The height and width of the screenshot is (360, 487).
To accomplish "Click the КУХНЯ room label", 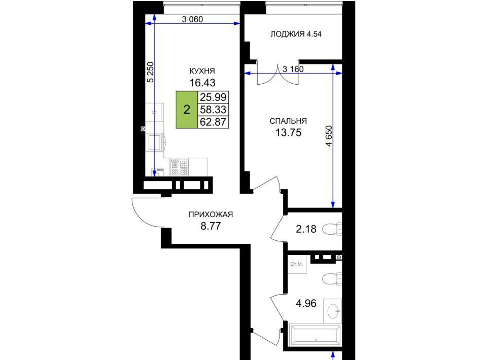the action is point(202,71).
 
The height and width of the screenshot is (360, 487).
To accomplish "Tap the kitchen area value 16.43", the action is point(202,83).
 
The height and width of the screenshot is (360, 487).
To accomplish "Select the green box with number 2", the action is point(187,110).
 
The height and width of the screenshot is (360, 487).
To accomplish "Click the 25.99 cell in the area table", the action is point(213,97).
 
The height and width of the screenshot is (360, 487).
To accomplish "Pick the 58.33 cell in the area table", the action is point(213,110).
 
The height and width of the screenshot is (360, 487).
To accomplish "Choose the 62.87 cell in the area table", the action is point(213,122).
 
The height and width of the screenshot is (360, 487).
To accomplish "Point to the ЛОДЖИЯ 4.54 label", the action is point(296,34).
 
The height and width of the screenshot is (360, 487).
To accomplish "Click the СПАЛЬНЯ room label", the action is point(288,121).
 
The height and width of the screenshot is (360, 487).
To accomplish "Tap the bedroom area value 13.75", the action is point(288,132).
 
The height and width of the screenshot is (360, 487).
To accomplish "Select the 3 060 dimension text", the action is point(192,20).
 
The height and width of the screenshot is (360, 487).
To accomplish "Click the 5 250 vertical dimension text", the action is point(150,73).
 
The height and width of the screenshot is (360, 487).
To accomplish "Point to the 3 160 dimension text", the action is point(293,69).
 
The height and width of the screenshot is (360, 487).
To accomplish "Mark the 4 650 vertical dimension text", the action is point(329,135).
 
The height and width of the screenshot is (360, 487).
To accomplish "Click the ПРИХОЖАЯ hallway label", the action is point(211,214).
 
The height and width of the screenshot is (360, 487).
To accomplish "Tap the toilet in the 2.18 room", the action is point(332,229).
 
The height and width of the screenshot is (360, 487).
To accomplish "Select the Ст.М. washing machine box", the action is point(297,264).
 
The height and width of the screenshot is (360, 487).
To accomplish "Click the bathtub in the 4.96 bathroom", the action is point(315,335).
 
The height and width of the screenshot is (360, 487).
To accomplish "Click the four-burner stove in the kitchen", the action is point(179,167).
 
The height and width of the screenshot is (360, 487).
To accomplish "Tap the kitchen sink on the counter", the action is point(154,142).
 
